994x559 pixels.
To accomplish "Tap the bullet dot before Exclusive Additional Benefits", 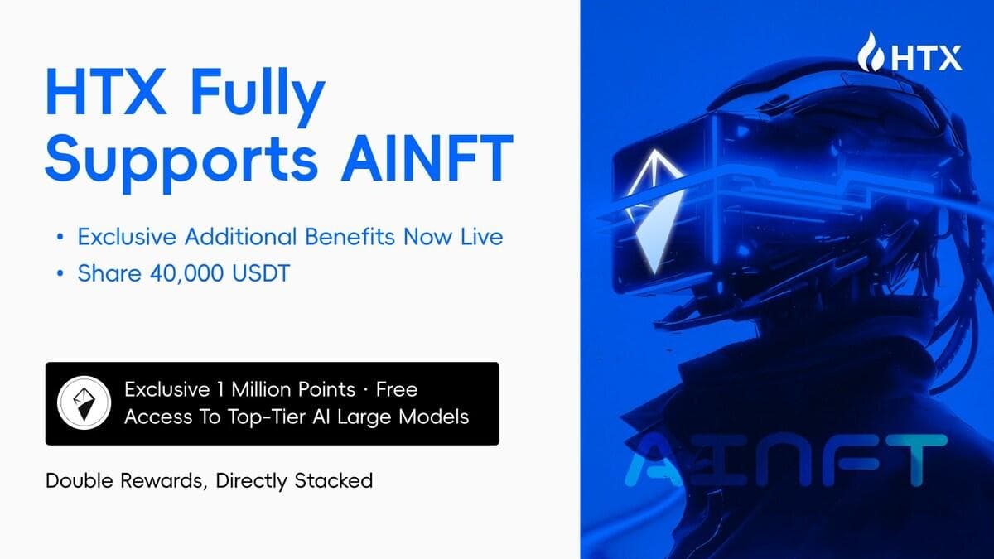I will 60,237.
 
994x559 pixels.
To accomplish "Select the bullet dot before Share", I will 60,274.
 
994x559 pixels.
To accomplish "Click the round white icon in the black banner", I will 84,403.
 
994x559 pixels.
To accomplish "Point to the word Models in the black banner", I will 436,416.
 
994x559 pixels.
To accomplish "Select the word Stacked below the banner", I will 337,480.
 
